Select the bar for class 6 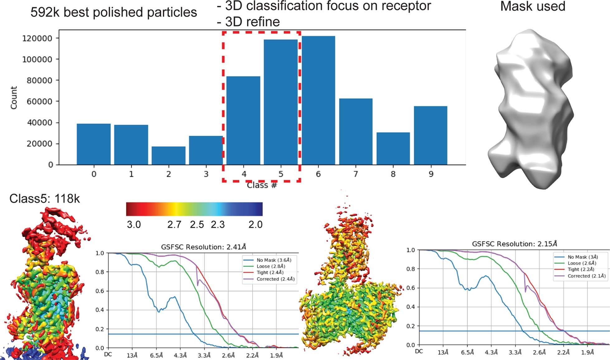(318, 100)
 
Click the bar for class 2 (169, 156)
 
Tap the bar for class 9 (431, 135)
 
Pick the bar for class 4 (243, 120)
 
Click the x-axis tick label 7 (355, 174)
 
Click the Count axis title (14, 98)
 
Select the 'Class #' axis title (262, 185)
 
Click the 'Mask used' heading (532, 7)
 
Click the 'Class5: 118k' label (45, 199)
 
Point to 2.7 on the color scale (174, 224)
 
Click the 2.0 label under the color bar (255, 224)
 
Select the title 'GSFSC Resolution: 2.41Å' (203, 247)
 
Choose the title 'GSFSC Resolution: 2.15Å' (514, 244)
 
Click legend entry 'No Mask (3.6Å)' (274, 260)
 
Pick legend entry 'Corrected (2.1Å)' (586, 276)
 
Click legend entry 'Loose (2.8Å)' (271, 266)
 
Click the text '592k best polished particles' (114, 12)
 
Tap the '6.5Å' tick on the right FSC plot (467, 353)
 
